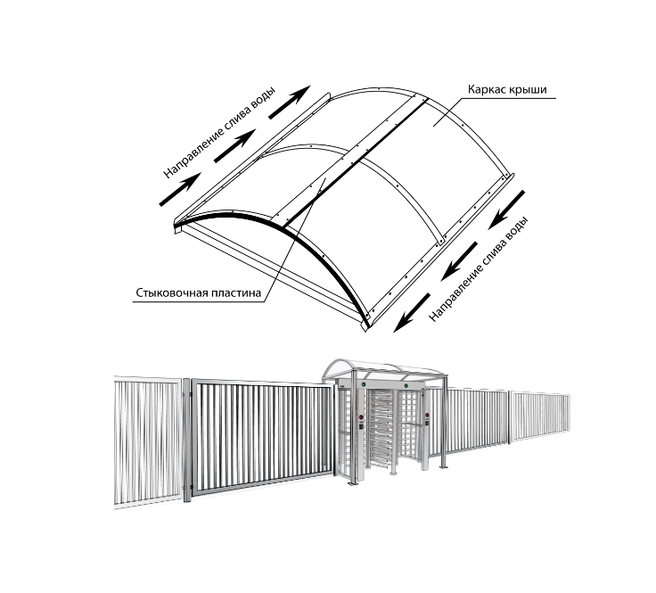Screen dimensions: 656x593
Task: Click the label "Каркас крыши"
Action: [x=506, y=90]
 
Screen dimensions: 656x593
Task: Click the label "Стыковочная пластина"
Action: [x=198, y=293]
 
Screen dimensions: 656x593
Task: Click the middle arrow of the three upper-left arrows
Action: [x=234, y=145]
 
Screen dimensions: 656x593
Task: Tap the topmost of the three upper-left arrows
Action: [x=290, y=102]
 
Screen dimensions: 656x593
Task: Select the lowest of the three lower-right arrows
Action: [x=412, y=313]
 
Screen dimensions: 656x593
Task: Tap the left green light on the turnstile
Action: [x=364, y=383]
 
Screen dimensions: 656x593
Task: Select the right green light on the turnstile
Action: [x=406, y=385]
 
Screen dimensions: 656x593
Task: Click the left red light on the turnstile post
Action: [x=361, y=416]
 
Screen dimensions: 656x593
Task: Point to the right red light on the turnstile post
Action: [x=427, y=416]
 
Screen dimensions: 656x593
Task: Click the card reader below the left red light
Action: [x=361, y=427]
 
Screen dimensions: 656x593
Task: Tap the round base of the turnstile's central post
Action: [x=393, y=474]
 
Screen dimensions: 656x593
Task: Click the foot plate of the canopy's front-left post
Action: [x=353, y=484]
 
